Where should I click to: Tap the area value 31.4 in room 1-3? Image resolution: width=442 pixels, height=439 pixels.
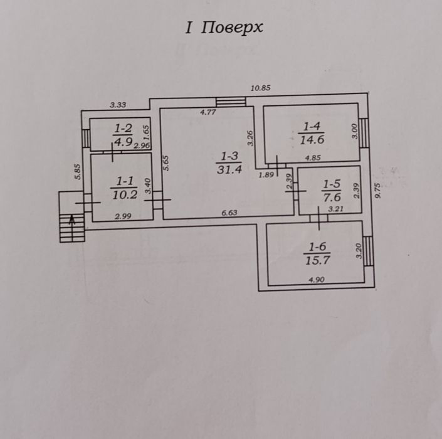click(229, 170)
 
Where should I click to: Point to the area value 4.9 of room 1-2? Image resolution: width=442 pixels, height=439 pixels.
click(123, 142)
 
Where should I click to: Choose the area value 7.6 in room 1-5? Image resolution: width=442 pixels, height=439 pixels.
click(331, 197)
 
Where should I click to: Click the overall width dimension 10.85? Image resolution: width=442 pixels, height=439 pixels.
click(260, 88)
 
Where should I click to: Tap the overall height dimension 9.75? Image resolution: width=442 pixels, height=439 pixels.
click(377, 191)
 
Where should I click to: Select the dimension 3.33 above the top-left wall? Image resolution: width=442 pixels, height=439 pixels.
click(118, 105)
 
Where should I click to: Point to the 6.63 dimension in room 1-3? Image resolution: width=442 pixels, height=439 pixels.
click(230, 213)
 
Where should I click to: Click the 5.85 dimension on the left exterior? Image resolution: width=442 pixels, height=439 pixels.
click(77, 172)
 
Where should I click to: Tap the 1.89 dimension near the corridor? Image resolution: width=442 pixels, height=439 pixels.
click(266, 176)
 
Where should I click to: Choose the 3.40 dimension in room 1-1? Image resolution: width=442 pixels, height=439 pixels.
click(147, 186)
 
